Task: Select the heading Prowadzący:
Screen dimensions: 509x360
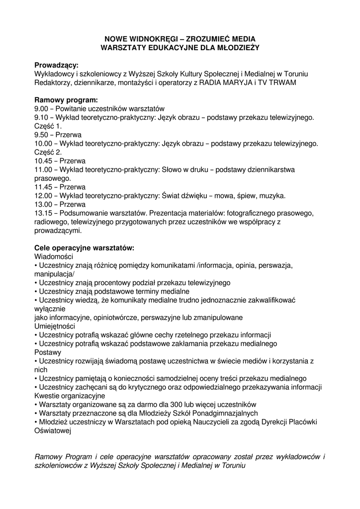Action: [56, 65]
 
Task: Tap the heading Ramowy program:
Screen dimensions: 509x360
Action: [66, 100]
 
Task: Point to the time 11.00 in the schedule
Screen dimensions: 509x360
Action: [43, 170]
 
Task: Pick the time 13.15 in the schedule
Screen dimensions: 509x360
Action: [43, 213]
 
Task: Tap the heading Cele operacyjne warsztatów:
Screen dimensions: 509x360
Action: [85, 248]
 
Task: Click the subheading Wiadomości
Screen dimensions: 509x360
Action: [54, 256]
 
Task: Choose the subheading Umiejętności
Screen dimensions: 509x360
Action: [55, 326]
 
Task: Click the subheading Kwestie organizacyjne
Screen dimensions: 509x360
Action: [70, 396]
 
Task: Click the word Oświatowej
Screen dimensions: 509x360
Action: [53, 431]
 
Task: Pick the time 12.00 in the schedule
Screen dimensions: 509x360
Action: [43, 195]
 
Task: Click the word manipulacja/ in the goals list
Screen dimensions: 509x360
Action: [54, 274]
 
